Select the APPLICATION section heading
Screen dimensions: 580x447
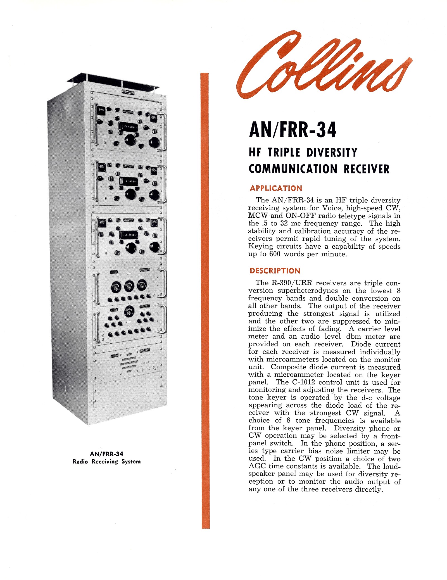pyautogui.click(x=276, y=188)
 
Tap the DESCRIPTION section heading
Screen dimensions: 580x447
pyautogui.click(x=275, y=270)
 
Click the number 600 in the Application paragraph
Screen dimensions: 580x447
pyautogui.click(x=275, y=254)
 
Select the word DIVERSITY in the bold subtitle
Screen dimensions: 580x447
pyautogui.click(x=332, y=153)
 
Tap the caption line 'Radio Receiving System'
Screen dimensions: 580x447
pyautogui.click(x=106, y=462)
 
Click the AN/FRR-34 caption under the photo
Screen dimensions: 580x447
pyautogui.click(x=106, y=454)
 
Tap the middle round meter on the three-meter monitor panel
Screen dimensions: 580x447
pyautogui.click(x=129, y=286)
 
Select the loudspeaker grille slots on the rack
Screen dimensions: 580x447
pyautogui.click(x=129, y=363)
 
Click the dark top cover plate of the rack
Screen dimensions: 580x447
pyautogui.click(x=113, y=81)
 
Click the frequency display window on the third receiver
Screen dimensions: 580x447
pyautogui.click(x=129, y=235)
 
